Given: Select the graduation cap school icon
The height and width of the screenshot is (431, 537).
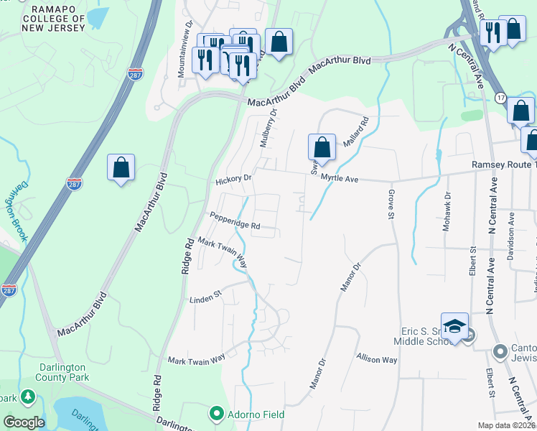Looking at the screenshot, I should pos(454,327).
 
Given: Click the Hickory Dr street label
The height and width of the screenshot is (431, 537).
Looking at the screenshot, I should pos(233,178).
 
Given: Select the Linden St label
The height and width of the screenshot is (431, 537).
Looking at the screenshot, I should pos(206,296).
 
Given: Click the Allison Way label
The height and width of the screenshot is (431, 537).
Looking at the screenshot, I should pos(377,358).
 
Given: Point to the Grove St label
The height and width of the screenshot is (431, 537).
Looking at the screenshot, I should pos(392,205).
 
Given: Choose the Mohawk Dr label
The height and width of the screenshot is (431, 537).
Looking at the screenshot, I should pos(447,206).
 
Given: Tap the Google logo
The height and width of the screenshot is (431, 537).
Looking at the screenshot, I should pos(24,422).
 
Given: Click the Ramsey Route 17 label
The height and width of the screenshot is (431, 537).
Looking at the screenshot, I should pos(503,164).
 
